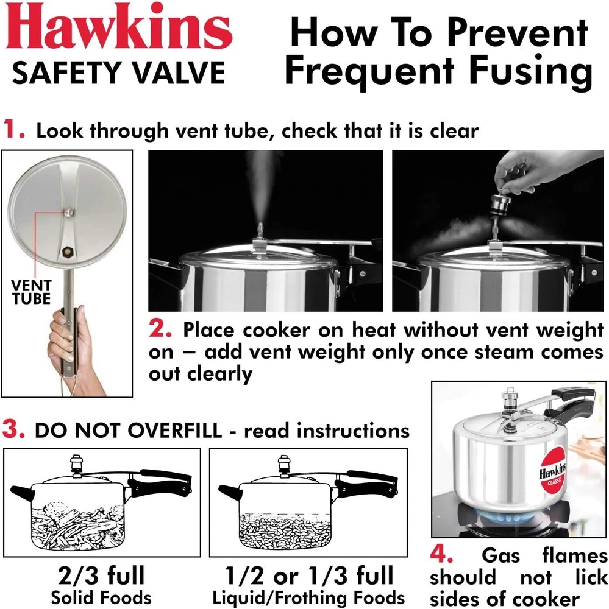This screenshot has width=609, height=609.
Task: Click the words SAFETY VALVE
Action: point(119,72)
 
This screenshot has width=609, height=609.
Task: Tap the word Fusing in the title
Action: point(530,71)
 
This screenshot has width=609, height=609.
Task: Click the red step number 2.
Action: point(160,329)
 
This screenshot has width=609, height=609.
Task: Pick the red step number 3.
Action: point(13,429)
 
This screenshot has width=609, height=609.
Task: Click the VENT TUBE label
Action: point(31,292)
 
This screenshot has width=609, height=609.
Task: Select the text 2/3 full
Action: point(101,576)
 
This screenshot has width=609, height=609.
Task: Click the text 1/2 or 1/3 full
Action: point(310,576)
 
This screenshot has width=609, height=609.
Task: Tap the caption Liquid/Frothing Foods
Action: point(309,598)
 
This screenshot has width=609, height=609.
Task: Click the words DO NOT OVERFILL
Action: point(129,431)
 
